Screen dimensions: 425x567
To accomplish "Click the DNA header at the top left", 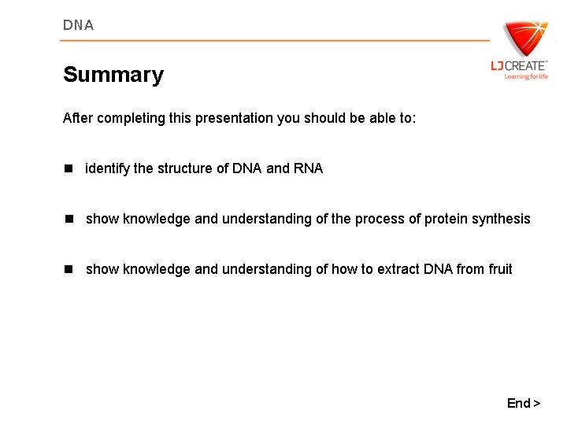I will (x=78, y=25).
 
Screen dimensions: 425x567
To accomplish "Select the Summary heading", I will (x=113, y=75).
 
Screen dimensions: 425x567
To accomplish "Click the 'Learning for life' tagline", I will (x=526, y=76).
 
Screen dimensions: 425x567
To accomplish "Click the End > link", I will (x=524, y=403).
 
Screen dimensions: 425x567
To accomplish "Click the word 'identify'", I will (x=107, y=168).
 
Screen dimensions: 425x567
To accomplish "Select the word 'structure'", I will (x=186, y=168).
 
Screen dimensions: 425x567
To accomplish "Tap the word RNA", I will (x=308, y=168).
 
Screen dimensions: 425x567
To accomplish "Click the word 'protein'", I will (x=446, y=219).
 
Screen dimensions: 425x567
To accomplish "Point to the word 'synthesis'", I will (x=501, y=219).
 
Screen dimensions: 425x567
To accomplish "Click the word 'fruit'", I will (x=500, y=269).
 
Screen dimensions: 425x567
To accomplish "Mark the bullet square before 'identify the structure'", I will (x=69, y=168).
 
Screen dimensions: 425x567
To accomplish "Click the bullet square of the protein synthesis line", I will (x=69, y=219).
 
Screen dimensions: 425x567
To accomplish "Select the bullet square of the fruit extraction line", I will (x=69, y=269).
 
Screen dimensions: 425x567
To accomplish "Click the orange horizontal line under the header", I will (x=276, y=40).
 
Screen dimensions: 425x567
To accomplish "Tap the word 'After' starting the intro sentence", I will (x=77, y=118).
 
